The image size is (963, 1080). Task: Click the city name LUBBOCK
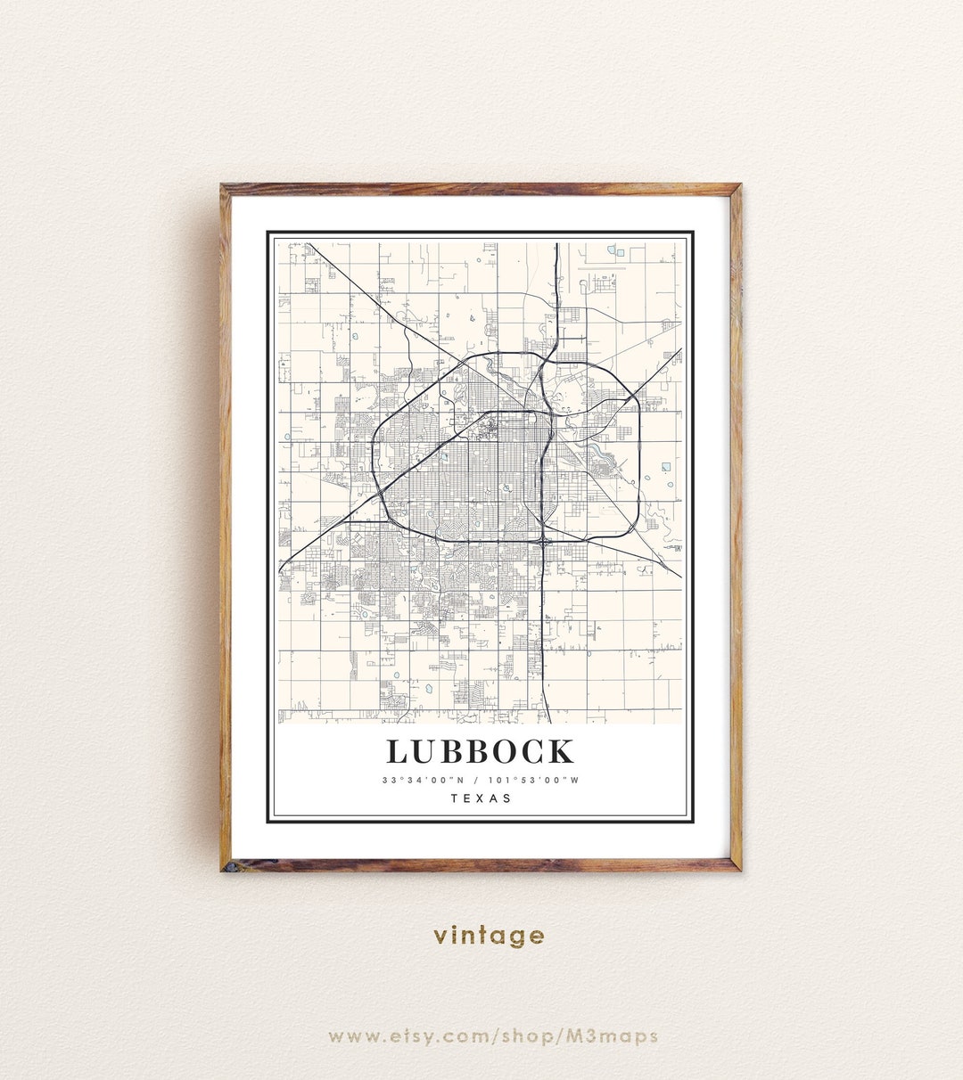[481, 751]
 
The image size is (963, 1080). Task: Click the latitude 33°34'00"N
[424, 781]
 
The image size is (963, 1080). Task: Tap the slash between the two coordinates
[479, 781]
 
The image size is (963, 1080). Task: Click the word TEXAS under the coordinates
[481, 798]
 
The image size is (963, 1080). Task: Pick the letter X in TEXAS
[481, 798]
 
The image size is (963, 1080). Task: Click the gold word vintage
[489, 936]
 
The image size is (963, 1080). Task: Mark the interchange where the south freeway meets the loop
[544, 540]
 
